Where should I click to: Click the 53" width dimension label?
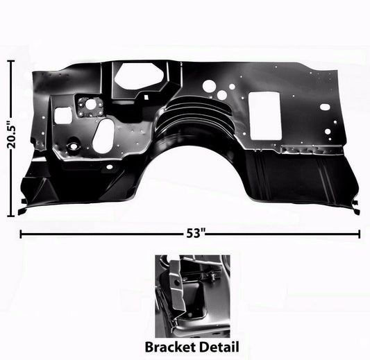click(x=195, y=233)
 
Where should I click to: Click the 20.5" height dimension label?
click(x=11, y=135)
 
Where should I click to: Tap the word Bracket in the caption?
click(x=170, y=347)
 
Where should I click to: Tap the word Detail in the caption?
click(x=219, y=347)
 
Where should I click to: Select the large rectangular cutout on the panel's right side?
click(x=265, y=116)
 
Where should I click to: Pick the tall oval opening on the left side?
click(x=103, y=136)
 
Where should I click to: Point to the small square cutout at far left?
click(x=62, y=116)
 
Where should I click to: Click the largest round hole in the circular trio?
click(x=208, y=85)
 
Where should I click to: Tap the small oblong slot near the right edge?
click(x=325, y=107)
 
